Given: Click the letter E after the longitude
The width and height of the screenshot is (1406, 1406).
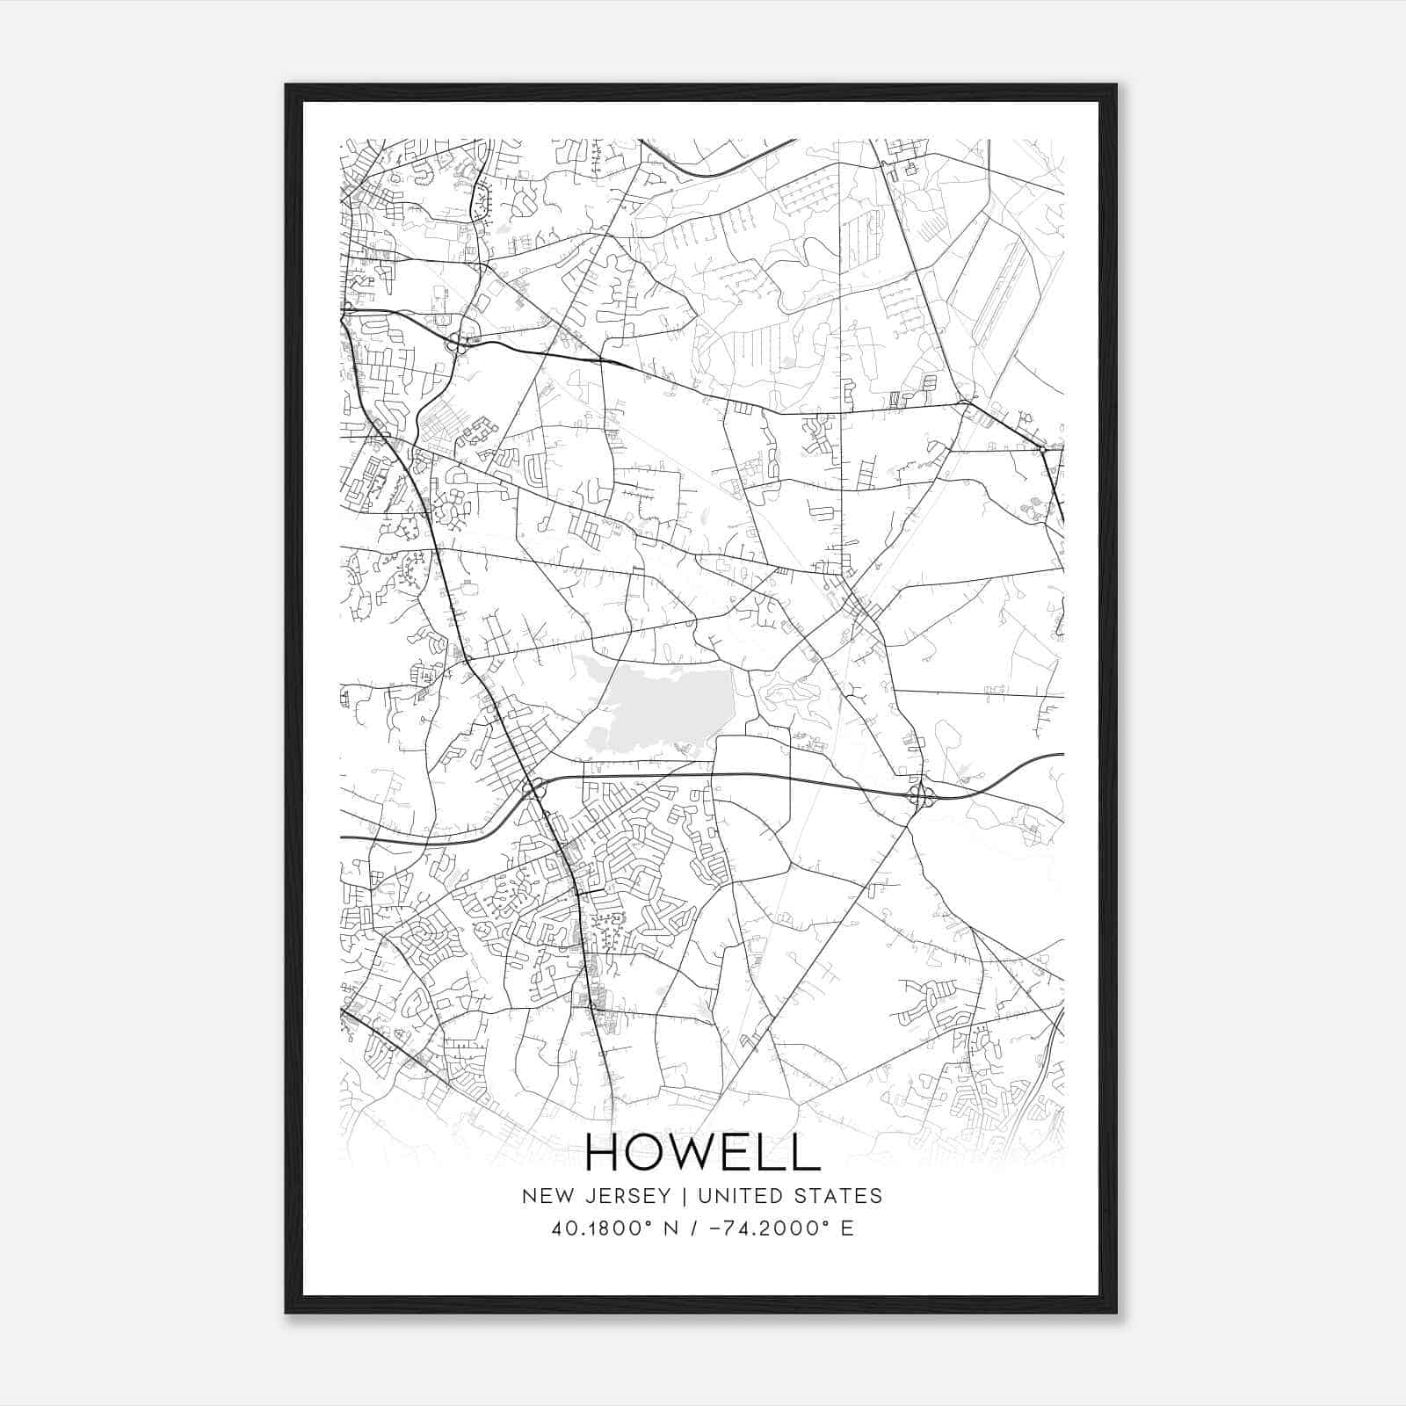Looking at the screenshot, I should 847,1228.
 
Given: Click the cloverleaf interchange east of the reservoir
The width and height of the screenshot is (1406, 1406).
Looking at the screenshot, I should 921,797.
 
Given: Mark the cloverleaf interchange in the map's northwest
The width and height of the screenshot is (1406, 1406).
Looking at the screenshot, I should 458,343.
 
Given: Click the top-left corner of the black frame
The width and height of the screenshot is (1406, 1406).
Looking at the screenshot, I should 286,85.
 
